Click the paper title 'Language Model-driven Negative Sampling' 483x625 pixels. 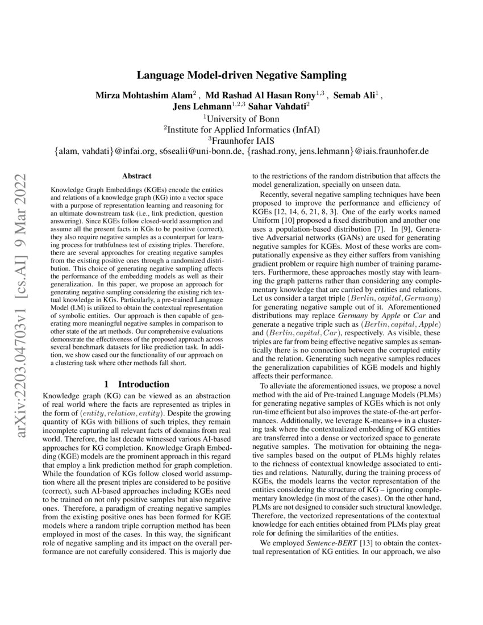[x=241, y=75]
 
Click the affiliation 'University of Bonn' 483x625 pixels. [x=241, y=118]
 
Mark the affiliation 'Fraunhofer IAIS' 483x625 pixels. [x=241, y=140]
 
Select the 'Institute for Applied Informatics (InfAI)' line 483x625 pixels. [x=241, y=130]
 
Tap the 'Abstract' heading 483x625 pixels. [x=136, y=177]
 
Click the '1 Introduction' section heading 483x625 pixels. [x=136, y=384]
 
